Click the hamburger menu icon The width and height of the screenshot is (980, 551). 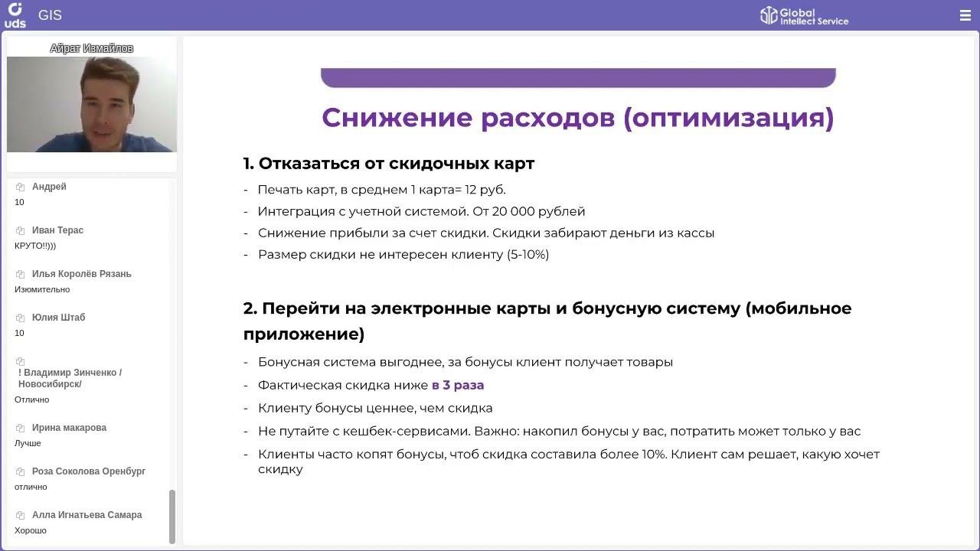[965, 15]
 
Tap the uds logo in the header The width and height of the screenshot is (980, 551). [15, 15]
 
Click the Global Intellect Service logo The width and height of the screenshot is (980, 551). [804, 16]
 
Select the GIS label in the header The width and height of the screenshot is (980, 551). [50, 15]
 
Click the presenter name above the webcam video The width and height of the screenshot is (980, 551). [91, 48]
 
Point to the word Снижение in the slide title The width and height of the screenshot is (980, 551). [397, 118]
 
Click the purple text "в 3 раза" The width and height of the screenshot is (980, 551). [458, 385]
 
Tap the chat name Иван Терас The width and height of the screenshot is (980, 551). [57, 230]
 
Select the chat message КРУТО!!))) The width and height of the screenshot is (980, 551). [35, 246]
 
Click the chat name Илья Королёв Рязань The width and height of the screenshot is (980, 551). [81, 274]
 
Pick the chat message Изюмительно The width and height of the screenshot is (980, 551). [42, 289]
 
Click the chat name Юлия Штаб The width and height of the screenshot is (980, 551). [58, 318]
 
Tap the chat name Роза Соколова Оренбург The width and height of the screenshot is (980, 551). [88, 471]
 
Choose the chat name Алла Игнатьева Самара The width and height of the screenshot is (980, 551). [87, 515]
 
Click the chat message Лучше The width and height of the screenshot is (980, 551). [28, 443]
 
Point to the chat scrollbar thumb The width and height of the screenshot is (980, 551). [172, 517]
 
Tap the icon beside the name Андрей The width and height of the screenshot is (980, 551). [20, 187]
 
